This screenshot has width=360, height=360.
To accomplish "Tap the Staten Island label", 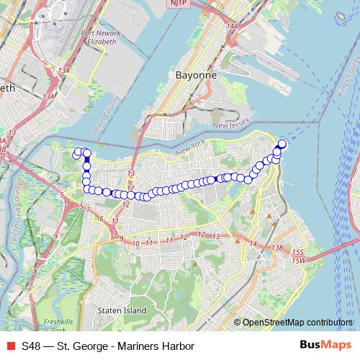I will point(121,310).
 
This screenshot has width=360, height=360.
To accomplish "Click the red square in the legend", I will point(9,346).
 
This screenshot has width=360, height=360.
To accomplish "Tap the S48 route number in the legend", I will point(31,346).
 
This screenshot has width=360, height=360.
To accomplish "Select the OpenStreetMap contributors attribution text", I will point(298,322).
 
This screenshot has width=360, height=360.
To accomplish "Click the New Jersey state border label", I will point(231,125).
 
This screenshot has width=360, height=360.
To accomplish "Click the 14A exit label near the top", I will point(230,27).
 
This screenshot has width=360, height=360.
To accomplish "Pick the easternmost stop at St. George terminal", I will point(282,144).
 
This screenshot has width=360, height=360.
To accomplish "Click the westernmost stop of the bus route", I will point(76,152).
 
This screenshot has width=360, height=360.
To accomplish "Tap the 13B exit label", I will point(277,248).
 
